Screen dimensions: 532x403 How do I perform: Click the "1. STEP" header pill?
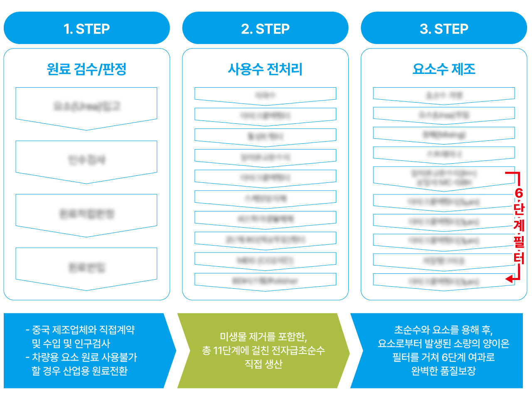86,28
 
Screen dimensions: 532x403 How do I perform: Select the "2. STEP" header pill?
265,28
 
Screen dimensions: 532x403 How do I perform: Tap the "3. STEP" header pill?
444,28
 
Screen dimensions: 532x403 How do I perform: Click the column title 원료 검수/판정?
86,69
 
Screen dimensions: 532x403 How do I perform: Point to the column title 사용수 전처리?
265,69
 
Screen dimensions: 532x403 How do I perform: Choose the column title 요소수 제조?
444,69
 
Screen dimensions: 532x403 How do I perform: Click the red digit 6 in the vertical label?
519,193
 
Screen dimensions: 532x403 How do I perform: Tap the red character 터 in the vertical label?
519,258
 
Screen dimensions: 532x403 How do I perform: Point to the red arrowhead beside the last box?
509,279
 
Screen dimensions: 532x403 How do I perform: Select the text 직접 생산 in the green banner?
264,364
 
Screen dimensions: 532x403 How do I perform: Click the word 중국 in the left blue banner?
41,330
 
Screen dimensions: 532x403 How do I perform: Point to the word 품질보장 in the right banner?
459,371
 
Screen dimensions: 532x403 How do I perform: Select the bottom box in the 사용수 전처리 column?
265,281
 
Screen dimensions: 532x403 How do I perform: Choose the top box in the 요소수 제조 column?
444,95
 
